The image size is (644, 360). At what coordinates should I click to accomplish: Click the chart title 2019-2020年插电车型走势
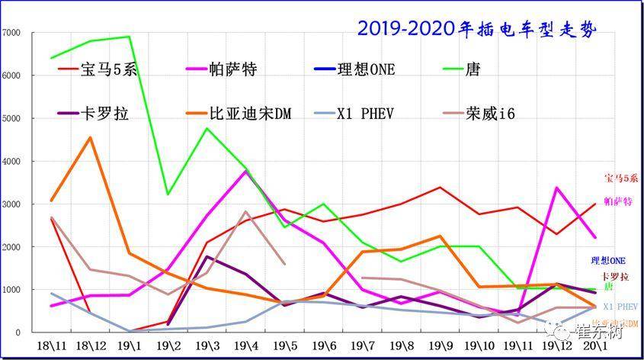point(476,29)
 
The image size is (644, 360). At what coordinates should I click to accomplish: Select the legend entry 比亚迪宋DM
point(250,114)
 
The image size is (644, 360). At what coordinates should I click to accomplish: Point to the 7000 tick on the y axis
point(11,33)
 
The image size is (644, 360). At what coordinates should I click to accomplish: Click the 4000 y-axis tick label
point(11,162)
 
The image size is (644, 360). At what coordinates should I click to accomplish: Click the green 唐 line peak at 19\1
point(129,37)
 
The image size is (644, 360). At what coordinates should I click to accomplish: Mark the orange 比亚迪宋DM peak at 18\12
point(91,137)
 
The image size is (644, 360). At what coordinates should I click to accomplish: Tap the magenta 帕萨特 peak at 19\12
point(557,187)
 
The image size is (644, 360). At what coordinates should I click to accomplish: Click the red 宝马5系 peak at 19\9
point(441,187)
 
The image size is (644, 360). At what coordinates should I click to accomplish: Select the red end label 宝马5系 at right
point(619,178)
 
